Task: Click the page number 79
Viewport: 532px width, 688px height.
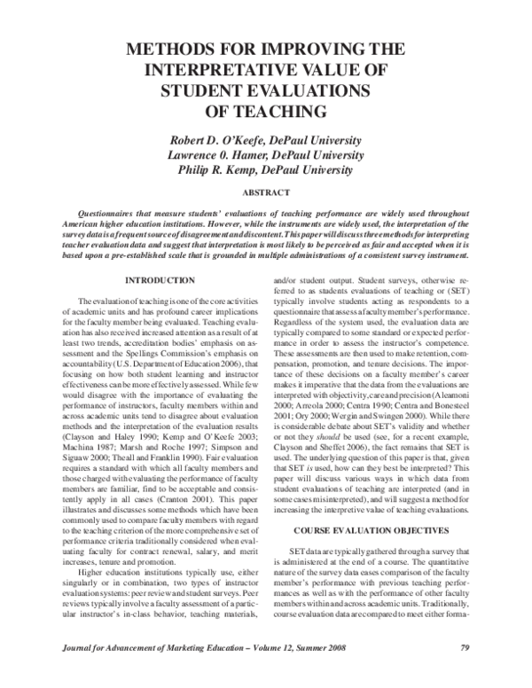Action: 464,670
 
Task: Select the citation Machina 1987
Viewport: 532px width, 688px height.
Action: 87,450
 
